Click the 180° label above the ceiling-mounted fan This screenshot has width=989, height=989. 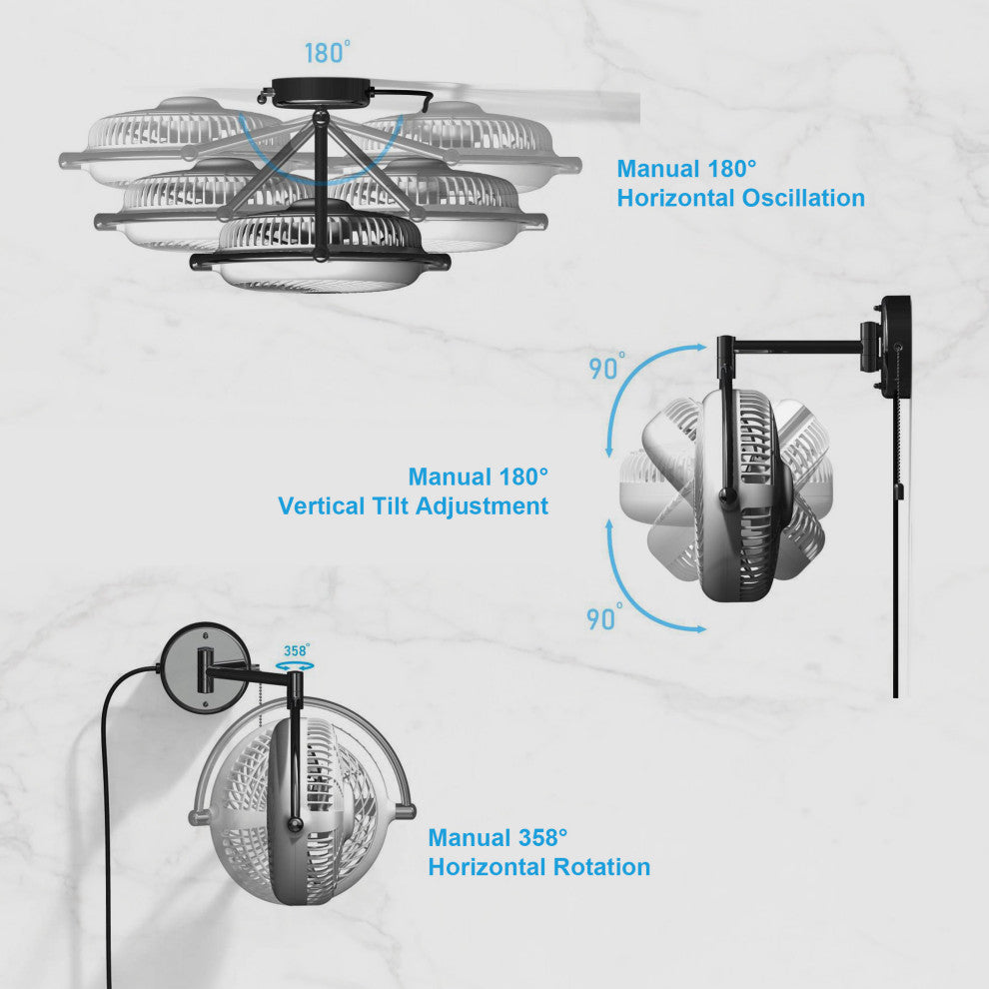point(328,52)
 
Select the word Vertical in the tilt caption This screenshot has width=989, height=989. point(321,505)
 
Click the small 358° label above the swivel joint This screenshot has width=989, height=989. point(297,650)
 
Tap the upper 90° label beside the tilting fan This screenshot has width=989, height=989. point(606,367)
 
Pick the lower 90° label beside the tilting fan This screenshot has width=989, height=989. point(604,617)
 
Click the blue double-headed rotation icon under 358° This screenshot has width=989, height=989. point(295,666)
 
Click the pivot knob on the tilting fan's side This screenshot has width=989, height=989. point(727,495)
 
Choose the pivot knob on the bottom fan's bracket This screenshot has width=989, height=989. point(295,823)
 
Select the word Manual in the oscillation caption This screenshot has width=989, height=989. point(658,169)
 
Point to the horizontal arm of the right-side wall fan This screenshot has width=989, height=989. point(796,345)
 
